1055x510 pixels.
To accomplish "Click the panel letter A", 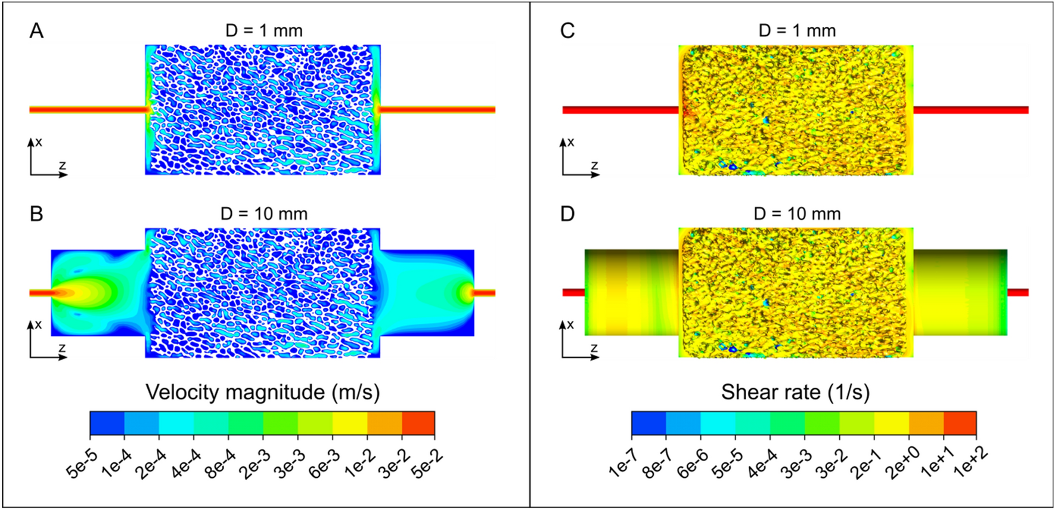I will click(36, 30).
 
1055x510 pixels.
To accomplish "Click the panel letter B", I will click(36, 214).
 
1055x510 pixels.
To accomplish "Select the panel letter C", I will click(567, 30).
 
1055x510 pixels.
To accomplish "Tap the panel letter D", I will click(567, 214).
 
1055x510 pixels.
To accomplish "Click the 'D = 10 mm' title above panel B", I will click(264, 214).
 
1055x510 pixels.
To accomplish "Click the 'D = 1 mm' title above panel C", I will click(797, 30).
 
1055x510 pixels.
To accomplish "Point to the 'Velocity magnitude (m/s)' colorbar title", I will click(263, 392).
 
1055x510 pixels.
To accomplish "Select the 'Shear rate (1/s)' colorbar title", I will click(795, 392).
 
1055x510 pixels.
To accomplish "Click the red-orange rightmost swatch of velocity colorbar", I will click(418, 423).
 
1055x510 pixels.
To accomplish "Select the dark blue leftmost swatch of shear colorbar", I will click(648, 423).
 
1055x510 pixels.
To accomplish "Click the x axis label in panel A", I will click(39, 142).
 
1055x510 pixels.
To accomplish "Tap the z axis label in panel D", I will click(594, 348).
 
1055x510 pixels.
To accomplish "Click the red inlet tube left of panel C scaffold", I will click(620, 110).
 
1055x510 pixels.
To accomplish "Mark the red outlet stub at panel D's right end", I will click(1018, 292).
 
